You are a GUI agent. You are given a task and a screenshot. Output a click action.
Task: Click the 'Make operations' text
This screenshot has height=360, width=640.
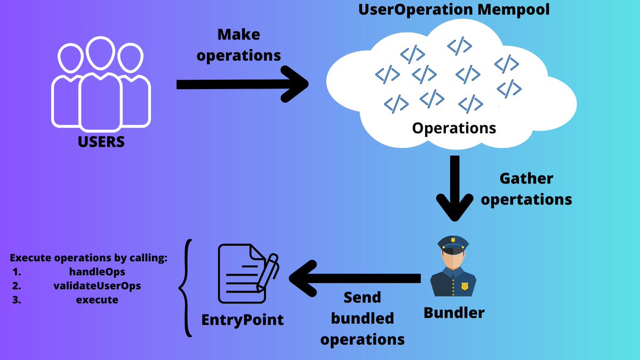coord(239,45)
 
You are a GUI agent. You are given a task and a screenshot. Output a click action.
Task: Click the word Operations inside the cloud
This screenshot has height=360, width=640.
coord(454,128)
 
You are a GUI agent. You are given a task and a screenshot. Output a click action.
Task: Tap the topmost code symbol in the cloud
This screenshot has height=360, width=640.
coord(459,46)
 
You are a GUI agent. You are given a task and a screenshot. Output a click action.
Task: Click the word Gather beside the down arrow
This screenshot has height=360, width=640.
coord(526,178)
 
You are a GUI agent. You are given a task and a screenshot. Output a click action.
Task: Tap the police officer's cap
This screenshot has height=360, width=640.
coord(453,245)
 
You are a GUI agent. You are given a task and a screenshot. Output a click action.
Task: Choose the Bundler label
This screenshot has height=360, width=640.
coord(454,313)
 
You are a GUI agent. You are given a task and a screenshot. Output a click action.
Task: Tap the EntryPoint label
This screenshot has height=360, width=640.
coord(243,320)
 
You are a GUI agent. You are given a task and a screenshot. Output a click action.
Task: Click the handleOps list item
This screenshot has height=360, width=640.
coord(97,272)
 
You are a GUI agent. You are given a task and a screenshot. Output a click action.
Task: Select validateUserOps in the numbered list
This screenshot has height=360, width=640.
coord(97,286)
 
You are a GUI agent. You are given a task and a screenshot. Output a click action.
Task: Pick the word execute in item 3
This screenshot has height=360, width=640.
coord(97,300)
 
